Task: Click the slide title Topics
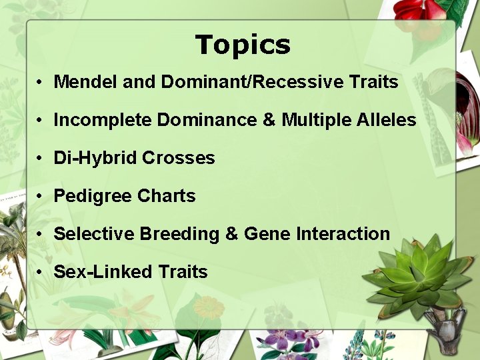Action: click(243, 45)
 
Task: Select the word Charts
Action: click(167, 196)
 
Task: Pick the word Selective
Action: click(94, 234)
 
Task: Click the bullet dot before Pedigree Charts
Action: click(41, 197)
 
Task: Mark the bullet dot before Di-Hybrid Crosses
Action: click(41, 159)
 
